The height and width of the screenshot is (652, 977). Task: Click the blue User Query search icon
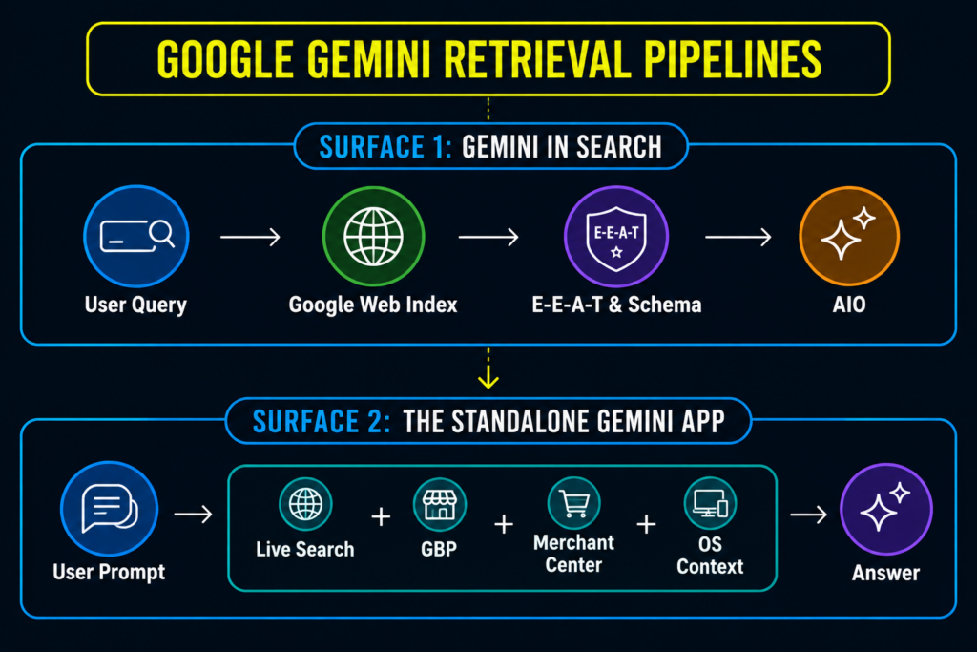coord(136,236)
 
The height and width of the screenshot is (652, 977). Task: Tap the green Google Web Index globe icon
coord(373,237)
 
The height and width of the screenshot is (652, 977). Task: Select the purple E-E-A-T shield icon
coord(616,237)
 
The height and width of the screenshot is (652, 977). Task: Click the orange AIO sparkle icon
coord(849,236)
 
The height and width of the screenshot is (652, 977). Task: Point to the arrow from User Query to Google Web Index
coord(251,237)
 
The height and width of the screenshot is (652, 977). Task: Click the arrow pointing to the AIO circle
coord(738,237)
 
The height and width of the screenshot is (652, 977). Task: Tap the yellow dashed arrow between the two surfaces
coord(488,368)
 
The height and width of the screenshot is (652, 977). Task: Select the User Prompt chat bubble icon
coord(109,509)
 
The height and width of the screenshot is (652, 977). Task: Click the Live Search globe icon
coord(305,504)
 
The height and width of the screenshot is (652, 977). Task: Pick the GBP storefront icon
coord(439,504)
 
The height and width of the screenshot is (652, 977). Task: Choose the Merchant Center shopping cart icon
coord(573,503)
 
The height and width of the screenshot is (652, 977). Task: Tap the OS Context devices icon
coord(710,503)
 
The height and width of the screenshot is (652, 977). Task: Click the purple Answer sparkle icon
coord(886,509)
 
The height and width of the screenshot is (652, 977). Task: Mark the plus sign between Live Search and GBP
coord(381,516)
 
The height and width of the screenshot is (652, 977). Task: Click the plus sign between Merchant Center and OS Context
coord(646,524)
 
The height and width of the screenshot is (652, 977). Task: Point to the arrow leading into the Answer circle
coord(809,515)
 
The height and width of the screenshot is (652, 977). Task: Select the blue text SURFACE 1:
coord(385,147)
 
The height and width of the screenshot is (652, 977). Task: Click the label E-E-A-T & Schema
coord(617,305)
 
